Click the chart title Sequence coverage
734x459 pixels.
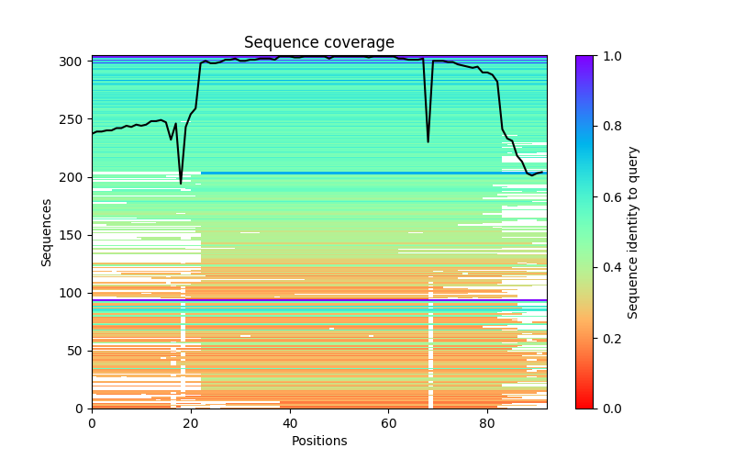pos(318,43)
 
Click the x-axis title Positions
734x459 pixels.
pos(318,441)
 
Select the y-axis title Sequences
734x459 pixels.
pos(46,232)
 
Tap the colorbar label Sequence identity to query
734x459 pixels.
pos(633,232)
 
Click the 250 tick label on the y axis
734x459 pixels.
pos(74,119)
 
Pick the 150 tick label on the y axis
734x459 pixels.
pos(74,235)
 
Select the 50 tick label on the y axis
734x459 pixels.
pos(78,351)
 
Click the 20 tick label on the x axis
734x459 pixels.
pos(191,423)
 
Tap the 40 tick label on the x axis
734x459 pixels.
pos(290,423)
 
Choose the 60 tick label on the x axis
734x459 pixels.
pos(388,423)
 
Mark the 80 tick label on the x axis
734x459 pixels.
pos(487,423)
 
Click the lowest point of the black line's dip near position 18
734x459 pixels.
pos(181,184)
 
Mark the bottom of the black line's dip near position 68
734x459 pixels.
pos(428,141)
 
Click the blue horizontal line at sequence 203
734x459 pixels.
pos(367,174)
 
